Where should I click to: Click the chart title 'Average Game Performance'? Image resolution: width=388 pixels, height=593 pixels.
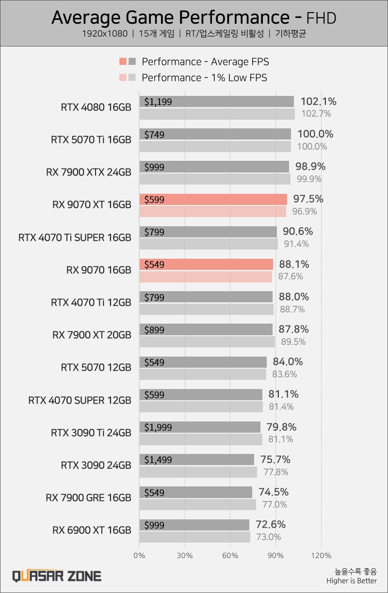[x=170, y=17]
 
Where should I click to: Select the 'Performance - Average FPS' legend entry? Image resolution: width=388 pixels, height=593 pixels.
[x=205, y=62]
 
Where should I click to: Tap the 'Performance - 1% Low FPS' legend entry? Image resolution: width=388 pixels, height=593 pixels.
[x=204, y=78]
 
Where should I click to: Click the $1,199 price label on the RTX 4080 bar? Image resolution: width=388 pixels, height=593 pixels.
[x=158, y=102]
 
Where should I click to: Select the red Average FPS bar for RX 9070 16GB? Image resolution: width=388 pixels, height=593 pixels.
[x=206, y=265]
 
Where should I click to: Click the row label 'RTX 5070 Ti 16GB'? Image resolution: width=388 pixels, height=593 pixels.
[x=91, y=140]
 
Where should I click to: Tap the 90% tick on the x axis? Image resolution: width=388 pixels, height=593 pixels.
[x=276, y=555]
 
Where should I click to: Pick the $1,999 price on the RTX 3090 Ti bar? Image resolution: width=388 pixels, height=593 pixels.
[x=158, y=428]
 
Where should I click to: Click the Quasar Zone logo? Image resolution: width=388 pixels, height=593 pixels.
[x=57, y=576]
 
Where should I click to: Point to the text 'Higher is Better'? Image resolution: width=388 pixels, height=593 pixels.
[x=351, y=581]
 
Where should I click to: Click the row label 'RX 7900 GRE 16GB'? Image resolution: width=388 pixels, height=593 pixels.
[x=88, y=498]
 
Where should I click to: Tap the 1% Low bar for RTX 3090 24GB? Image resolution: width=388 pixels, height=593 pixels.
[x=198, y=472]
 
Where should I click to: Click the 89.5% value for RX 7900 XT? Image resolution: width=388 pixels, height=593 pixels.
[x=293, y=342]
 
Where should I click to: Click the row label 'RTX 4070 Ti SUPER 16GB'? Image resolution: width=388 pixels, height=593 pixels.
[x=75, y=238]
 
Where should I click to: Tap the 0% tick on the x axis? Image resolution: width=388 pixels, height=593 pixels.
[x=139, y=555]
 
